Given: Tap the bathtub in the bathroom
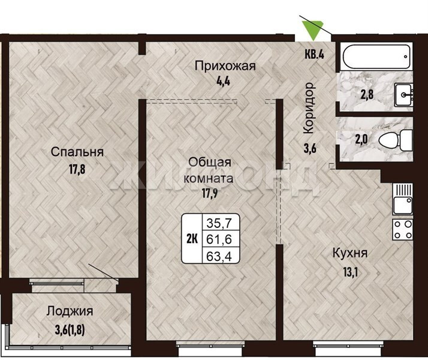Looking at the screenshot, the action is (x=377, y=57).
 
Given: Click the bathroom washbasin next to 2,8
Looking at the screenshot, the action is (x=403, y=95).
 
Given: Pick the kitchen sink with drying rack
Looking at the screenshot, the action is (x=403, y=199).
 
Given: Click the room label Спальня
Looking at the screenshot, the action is (x=77, y=152).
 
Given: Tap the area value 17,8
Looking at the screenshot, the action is (x=77, y=169).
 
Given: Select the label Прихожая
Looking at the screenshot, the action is (x=225, y=66).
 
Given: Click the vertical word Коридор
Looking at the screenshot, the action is (x=309, y=108).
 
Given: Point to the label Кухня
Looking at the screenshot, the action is (x=350, y=253).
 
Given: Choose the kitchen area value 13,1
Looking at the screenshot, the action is (x=350, y=272).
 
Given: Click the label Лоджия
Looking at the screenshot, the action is (x=70, y=311).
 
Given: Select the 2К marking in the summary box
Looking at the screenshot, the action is (x=192, y=239).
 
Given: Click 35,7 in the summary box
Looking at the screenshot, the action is (x=219, y=223).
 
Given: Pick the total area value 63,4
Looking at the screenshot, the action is (x=219, y=256).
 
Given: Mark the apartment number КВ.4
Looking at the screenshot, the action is (x=314, y=55).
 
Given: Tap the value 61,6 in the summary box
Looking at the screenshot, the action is (x=219, y=239).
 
